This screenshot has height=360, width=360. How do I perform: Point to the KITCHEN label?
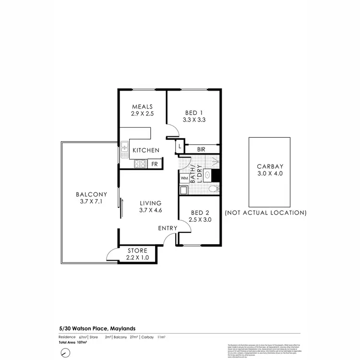pyautogui.click(x=146, y=150)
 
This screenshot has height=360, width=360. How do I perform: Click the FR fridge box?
pyautogui.click(x=155, y=164)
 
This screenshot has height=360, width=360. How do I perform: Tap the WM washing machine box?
pyautogui.click(x=184, y=178)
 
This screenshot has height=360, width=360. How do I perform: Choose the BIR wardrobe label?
pyautogui.click(x=201, y=150)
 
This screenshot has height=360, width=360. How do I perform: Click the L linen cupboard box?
pyautogui.click(x=180, y=145)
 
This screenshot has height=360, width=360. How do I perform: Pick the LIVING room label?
pyautogui.click(x=151, y=203)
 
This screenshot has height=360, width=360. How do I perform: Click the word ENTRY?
pyautogui.click(x=168, y=228)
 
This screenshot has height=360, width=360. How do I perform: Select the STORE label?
pyautogui.click(x=138, y=251)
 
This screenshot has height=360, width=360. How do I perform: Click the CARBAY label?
pyautogui.click(x=270, y=167)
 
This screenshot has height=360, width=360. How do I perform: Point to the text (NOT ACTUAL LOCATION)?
pyautogui.click(x=265, y=212)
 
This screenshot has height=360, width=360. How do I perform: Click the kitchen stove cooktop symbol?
pyautogui.click(x=140, y=164)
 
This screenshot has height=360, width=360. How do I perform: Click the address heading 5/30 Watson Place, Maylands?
pyautogui.click(x=94, y=328)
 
